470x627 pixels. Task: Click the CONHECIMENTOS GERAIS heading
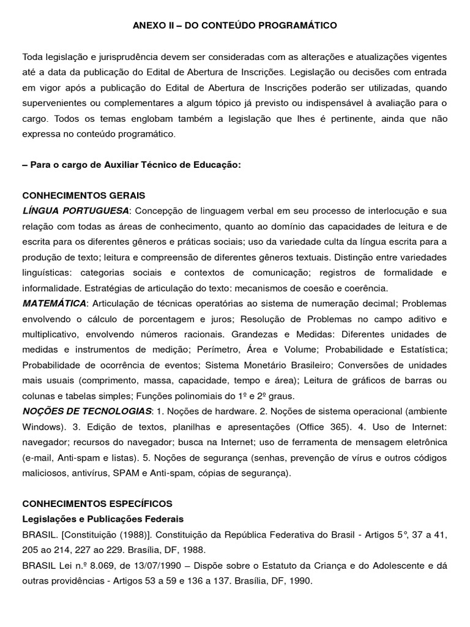[84, 196]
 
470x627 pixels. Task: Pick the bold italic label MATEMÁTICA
[54, 304]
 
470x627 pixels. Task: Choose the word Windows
[41, 426]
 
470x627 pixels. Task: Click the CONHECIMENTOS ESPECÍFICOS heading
[97, 504]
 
